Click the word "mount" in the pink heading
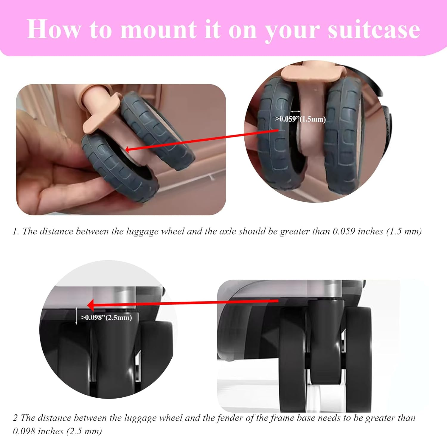(x=158, y=29)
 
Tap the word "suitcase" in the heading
(x=374, y=29)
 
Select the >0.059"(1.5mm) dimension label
(x=300, y=119)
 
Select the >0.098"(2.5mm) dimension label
(x=106, y=318)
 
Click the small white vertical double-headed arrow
(x=76, y=316)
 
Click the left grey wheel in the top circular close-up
(x=276, y=134)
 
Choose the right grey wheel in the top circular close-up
(x=343, y=134)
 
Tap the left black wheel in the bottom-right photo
(x=292, y=357)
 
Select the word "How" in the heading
(x=54, y=29)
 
